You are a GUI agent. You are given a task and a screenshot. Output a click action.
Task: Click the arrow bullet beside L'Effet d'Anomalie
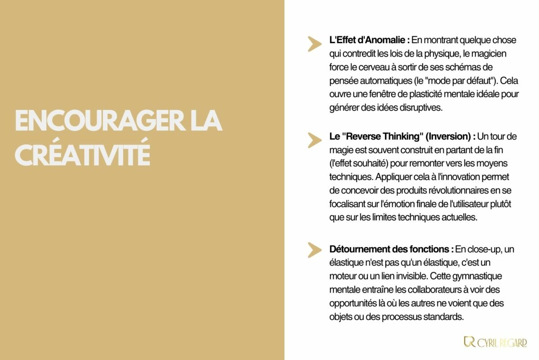(314, 44)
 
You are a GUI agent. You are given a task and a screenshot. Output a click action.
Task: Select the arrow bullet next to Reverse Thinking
(314, 140)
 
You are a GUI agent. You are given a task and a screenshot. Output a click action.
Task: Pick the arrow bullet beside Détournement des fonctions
(314, 250)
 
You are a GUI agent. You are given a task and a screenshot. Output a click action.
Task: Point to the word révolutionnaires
(444, 192)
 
